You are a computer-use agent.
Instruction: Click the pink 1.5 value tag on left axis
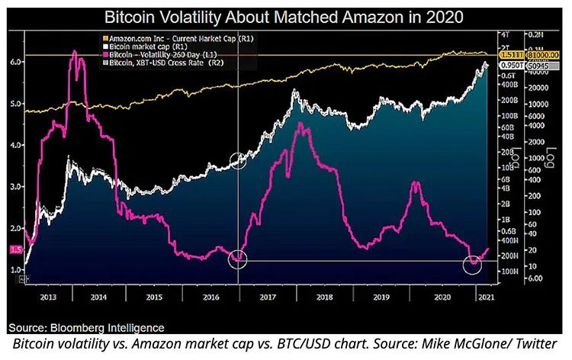coord(14,249)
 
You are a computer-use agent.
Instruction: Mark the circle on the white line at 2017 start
coord(239,159)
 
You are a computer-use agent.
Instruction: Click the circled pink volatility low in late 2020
coord(474,265)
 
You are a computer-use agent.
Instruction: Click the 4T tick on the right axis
coord(504,34)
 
